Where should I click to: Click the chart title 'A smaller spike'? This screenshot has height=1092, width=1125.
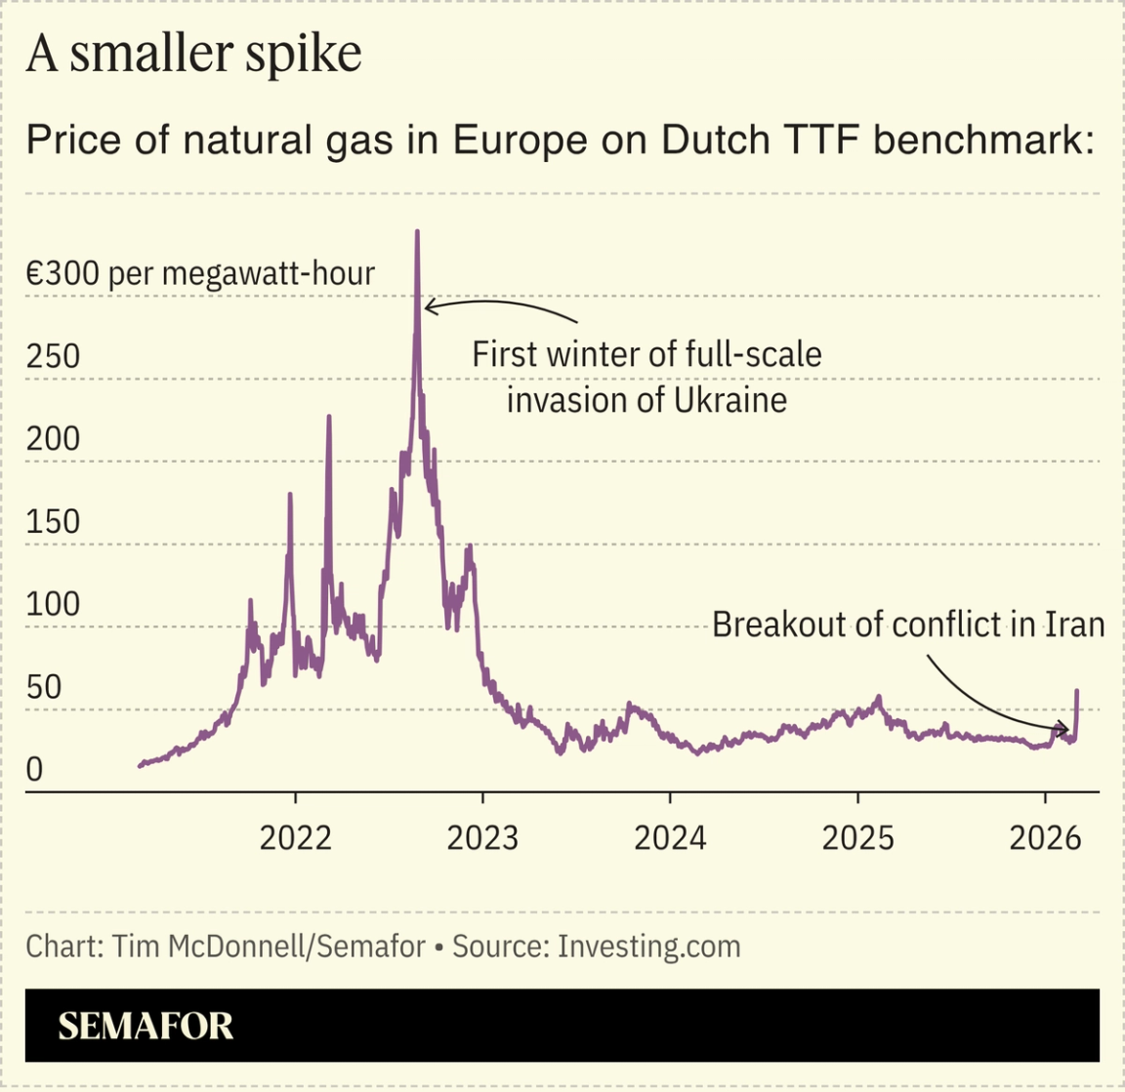click(x=193, y=54)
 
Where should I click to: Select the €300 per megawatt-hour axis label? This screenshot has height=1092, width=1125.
click(x=200, y=273)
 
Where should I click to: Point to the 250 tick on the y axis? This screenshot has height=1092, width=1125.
click(x=53, y=356)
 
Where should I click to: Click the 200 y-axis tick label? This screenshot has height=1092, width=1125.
click(x=53, y=439)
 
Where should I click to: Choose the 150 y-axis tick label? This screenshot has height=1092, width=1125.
click(x=53, y=522)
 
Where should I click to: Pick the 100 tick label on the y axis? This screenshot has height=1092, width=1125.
click(x=53, y=605)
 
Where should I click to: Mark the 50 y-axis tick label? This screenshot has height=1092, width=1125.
click(x=44, y=688)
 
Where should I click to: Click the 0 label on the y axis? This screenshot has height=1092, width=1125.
click(x=35, y=770)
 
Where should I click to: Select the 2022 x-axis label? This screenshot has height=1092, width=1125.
click(x=295, y=837)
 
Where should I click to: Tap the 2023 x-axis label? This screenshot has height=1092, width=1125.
click(x=482, y=837)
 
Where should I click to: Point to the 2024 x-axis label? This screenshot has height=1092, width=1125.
click(x=670, y=837)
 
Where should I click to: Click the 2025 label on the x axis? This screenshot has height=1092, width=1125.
click(x=857, y=837)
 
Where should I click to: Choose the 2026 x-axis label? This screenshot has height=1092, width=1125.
click(x=1045, y=837)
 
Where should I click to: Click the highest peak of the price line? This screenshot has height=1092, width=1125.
click(x=417, y=232)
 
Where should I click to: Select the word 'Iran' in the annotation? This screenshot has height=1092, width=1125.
click(x=1074, y=625)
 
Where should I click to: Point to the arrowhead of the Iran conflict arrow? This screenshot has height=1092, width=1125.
click(x=1067, y=728)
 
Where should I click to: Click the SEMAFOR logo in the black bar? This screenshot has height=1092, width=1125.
click(x=146, y=1026)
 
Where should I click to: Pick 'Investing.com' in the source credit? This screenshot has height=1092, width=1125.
click(x=648, y=947)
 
